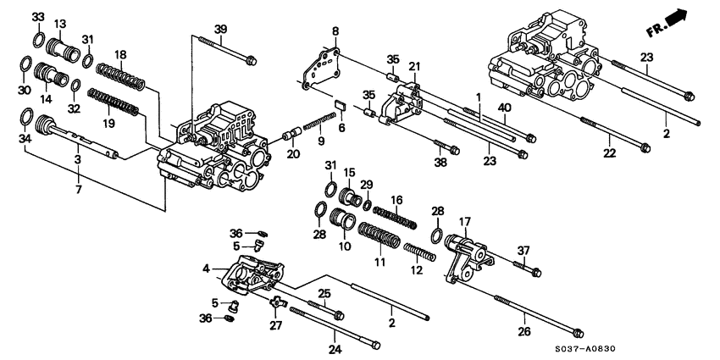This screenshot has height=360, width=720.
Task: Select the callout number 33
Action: point(38,17)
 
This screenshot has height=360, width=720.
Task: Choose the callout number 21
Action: point(414,66)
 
